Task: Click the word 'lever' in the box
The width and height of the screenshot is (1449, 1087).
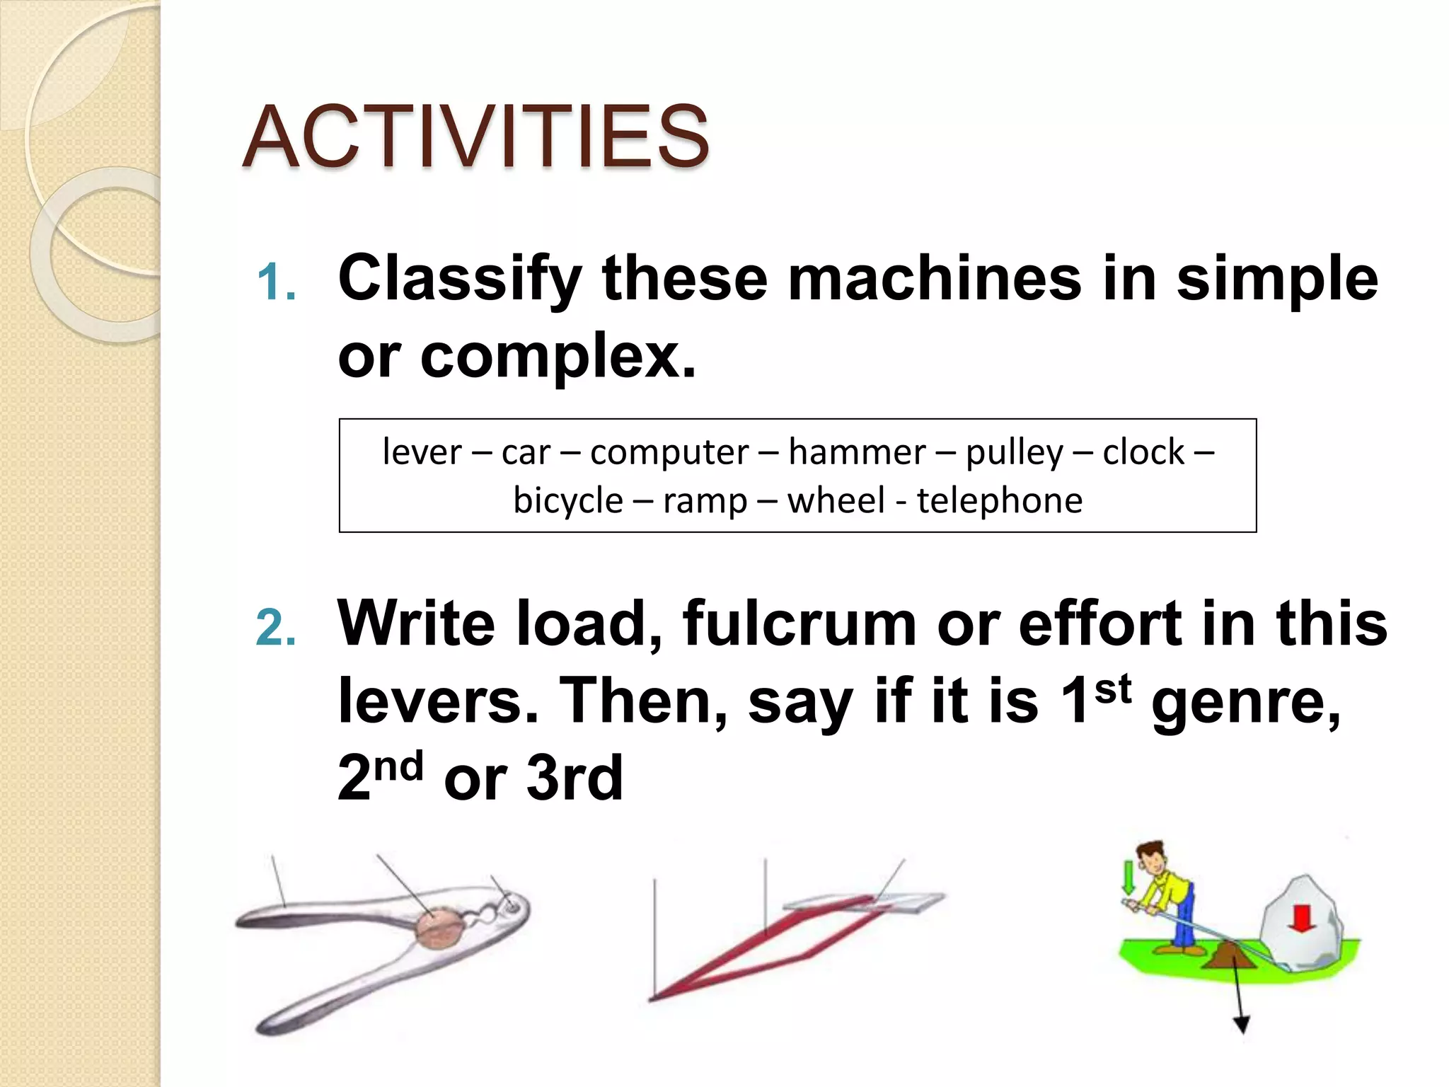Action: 422,452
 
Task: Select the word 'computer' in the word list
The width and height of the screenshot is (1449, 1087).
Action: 669,452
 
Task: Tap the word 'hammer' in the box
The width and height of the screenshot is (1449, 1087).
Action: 857,452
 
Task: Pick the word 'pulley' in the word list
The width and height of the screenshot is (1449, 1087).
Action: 1015,453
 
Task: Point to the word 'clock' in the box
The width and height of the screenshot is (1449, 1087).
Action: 1143,452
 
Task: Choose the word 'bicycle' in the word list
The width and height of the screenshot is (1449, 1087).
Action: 568,501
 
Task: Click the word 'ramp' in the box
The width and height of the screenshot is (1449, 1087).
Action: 705,501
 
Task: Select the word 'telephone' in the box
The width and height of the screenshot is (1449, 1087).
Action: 1000,500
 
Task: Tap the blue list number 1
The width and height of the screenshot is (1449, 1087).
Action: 276,282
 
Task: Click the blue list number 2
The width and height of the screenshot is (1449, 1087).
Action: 276,628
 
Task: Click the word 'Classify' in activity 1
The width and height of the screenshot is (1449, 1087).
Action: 460,279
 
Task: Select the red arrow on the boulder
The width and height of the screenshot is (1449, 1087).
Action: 1302,917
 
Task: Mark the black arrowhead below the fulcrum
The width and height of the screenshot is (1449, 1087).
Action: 1241,1024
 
